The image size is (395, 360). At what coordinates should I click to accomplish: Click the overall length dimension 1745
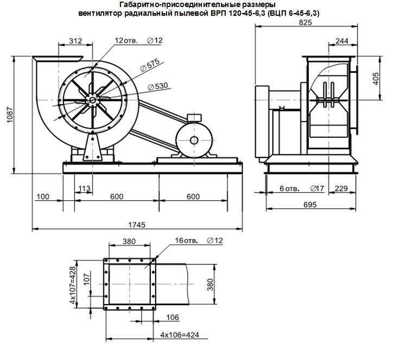click(x=137, y=225)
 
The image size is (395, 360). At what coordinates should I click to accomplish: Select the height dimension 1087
click(x=10, y=115)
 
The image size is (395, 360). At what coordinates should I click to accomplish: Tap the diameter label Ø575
click(x=150, y=65)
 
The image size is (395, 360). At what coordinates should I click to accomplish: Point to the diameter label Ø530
click(x=158, y=86)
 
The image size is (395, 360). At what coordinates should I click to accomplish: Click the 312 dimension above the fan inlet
click(x=75, y=41)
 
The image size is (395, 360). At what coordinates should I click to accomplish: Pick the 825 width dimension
click(x=305, y=22)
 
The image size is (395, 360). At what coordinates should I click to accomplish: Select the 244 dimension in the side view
click(x=342, y=41)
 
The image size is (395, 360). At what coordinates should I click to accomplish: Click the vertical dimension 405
click(x=375, y=79)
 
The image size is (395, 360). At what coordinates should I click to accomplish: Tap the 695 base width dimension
click(x=310, y=205)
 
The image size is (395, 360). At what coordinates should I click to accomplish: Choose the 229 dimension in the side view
click(x=341, y=188)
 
